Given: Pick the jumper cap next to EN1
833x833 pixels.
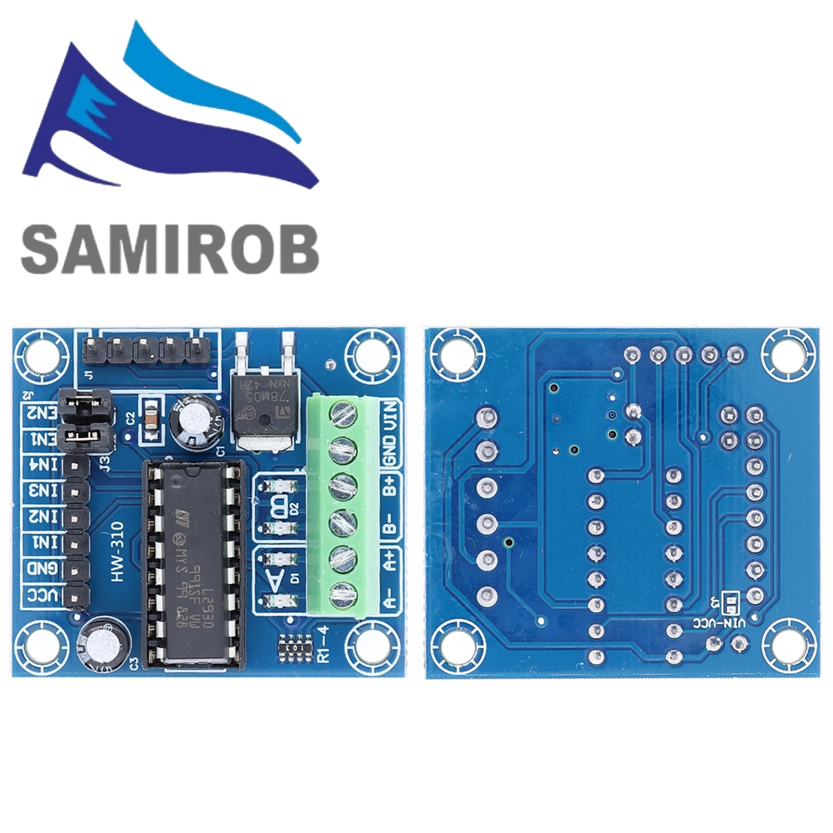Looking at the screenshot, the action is (x=87, y=435).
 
